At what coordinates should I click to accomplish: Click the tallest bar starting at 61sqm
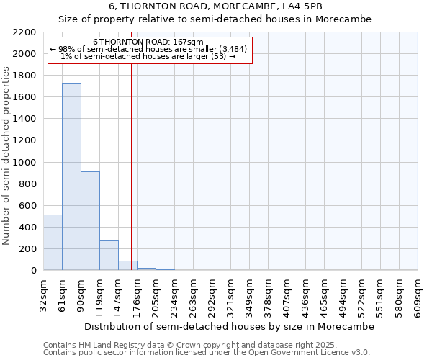click(x=71, y=176)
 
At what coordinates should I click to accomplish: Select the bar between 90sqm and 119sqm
click(x=90, y=221)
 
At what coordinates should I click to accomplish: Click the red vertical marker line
click(x=131, y=166)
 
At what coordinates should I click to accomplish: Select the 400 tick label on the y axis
click(x=27, y=228)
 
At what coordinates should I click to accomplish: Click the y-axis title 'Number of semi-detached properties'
click(x=7, y=156)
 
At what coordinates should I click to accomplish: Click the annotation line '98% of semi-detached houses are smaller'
click(x=148, y=49)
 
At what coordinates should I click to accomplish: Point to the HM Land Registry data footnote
click(x=206, y=345)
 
